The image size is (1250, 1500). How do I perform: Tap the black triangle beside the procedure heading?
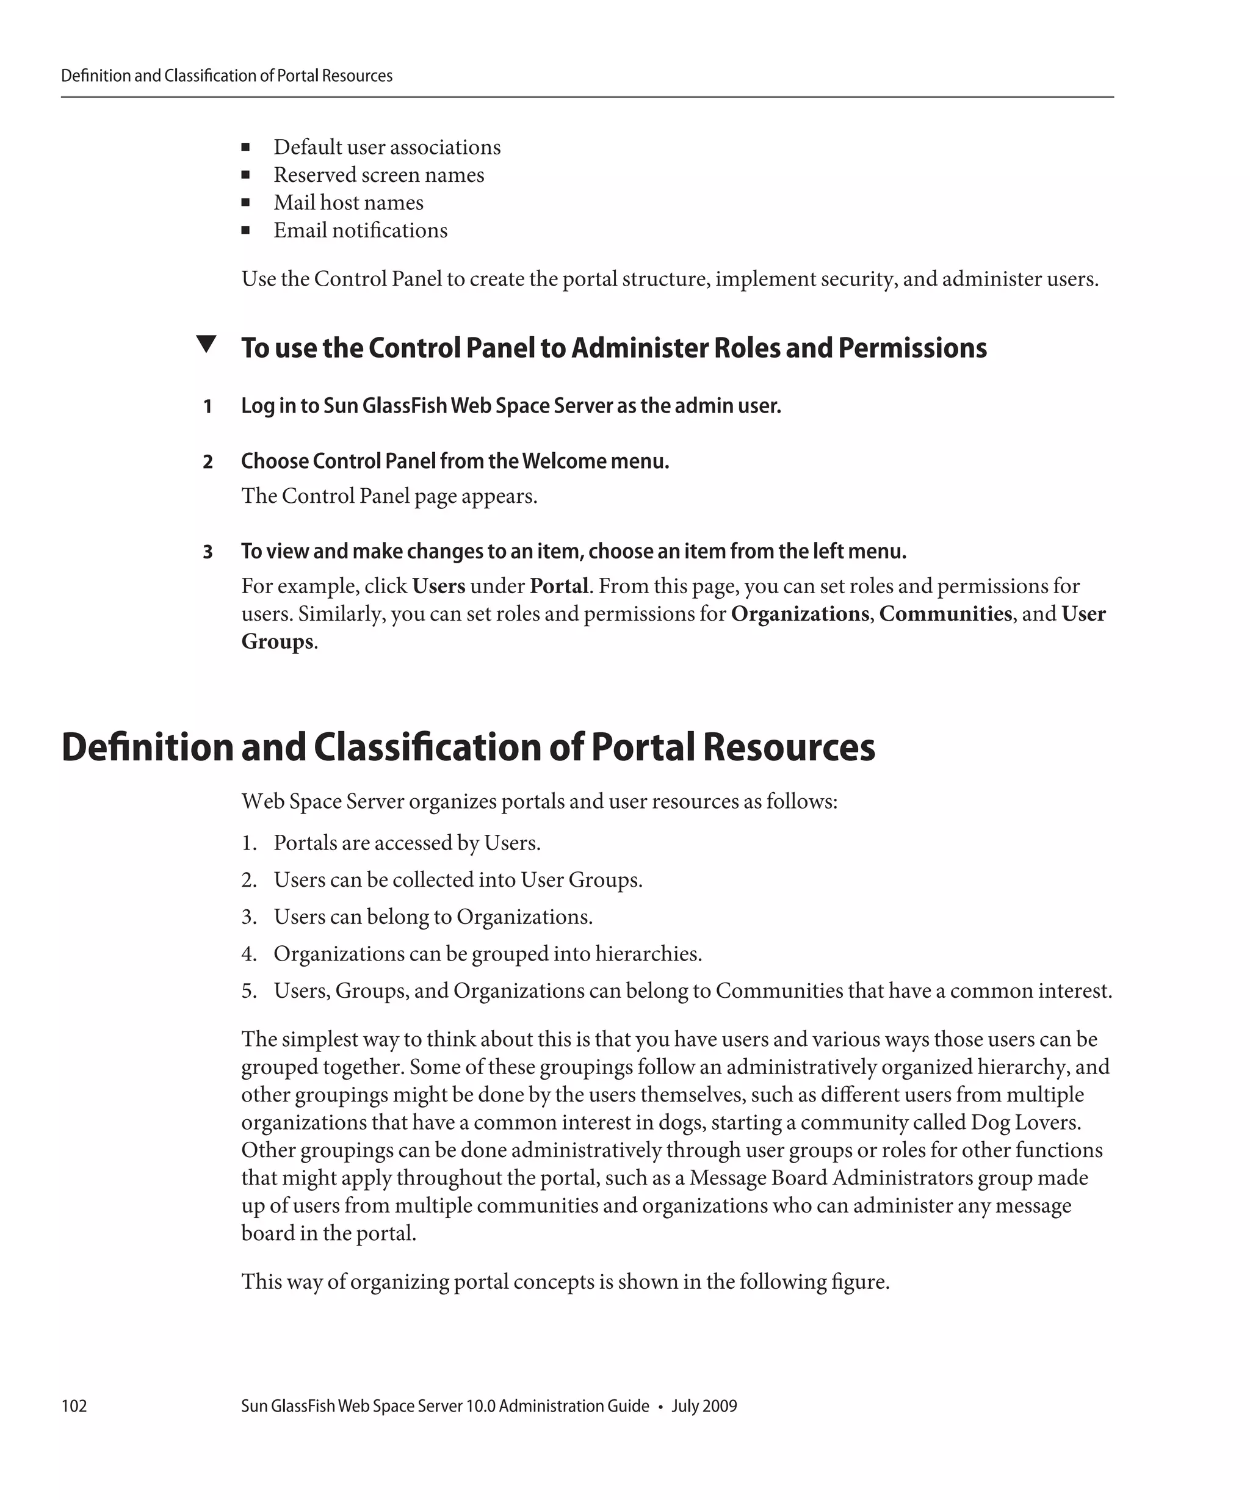[206, 344]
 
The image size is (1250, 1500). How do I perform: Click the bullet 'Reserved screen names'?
[378, 175]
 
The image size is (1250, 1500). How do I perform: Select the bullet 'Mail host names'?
[348, 203]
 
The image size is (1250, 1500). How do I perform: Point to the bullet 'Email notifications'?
[360, 231]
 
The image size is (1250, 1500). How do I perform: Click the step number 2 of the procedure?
[208, 462]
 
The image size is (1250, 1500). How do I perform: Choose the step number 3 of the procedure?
[208, 552]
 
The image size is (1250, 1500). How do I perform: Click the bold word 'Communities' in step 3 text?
[945, 615]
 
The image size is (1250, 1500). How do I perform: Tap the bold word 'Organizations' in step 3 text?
[800, 615]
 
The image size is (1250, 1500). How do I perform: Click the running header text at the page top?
[226, 76]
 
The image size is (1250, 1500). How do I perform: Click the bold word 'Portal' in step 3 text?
[558, 586]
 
